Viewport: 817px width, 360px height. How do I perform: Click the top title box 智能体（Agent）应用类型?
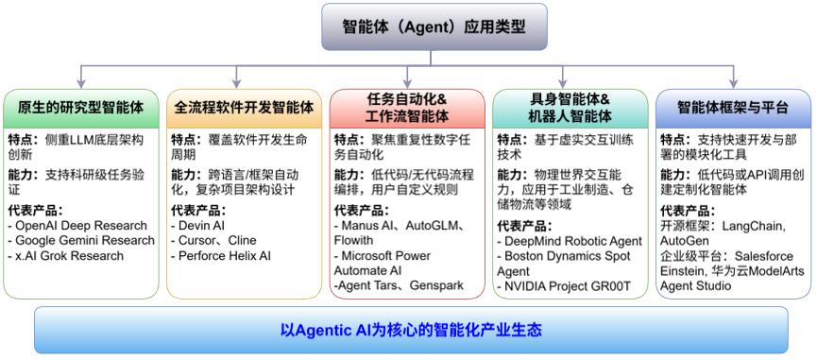(x=434, y=26)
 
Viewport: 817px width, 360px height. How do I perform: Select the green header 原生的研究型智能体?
(x=81, y=108)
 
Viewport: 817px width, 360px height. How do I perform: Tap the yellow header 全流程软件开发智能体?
(x=244, y=108)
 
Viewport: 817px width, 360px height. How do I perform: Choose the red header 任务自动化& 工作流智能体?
(x=407, y=108)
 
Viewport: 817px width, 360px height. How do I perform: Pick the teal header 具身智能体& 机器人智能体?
(x=570, y=108)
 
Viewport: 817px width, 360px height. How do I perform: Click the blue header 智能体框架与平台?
(x=733, y=108)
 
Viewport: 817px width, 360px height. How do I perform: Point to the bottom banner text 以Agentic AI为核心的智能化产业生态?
(x=411, y=330)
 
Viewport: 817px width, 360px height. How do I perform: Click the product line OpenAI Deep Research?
(x=77, y=226)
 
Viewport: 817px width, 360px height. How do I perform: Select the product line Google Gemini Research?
(x=81, y=241)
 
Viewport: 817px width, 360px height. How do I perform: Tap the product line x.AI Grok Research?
(x=66, y=256)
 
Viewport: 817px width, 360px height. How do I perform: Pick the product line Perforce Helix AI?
(x=221, y=256)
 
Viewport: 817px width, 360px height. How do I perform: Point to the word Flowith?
(x=353, y=240)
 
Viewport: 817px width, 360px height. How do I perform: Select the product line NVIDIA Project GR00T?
(x=564, y=286)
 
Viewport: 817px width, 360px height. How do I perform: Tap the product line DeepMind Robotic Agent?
(x=570, y=241)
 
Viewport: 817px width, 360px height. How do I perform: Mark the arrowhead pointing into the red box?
(x=407, y=83)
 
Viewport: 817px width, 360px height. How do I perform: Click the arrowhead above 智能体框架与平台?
(x=734, y=83)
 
